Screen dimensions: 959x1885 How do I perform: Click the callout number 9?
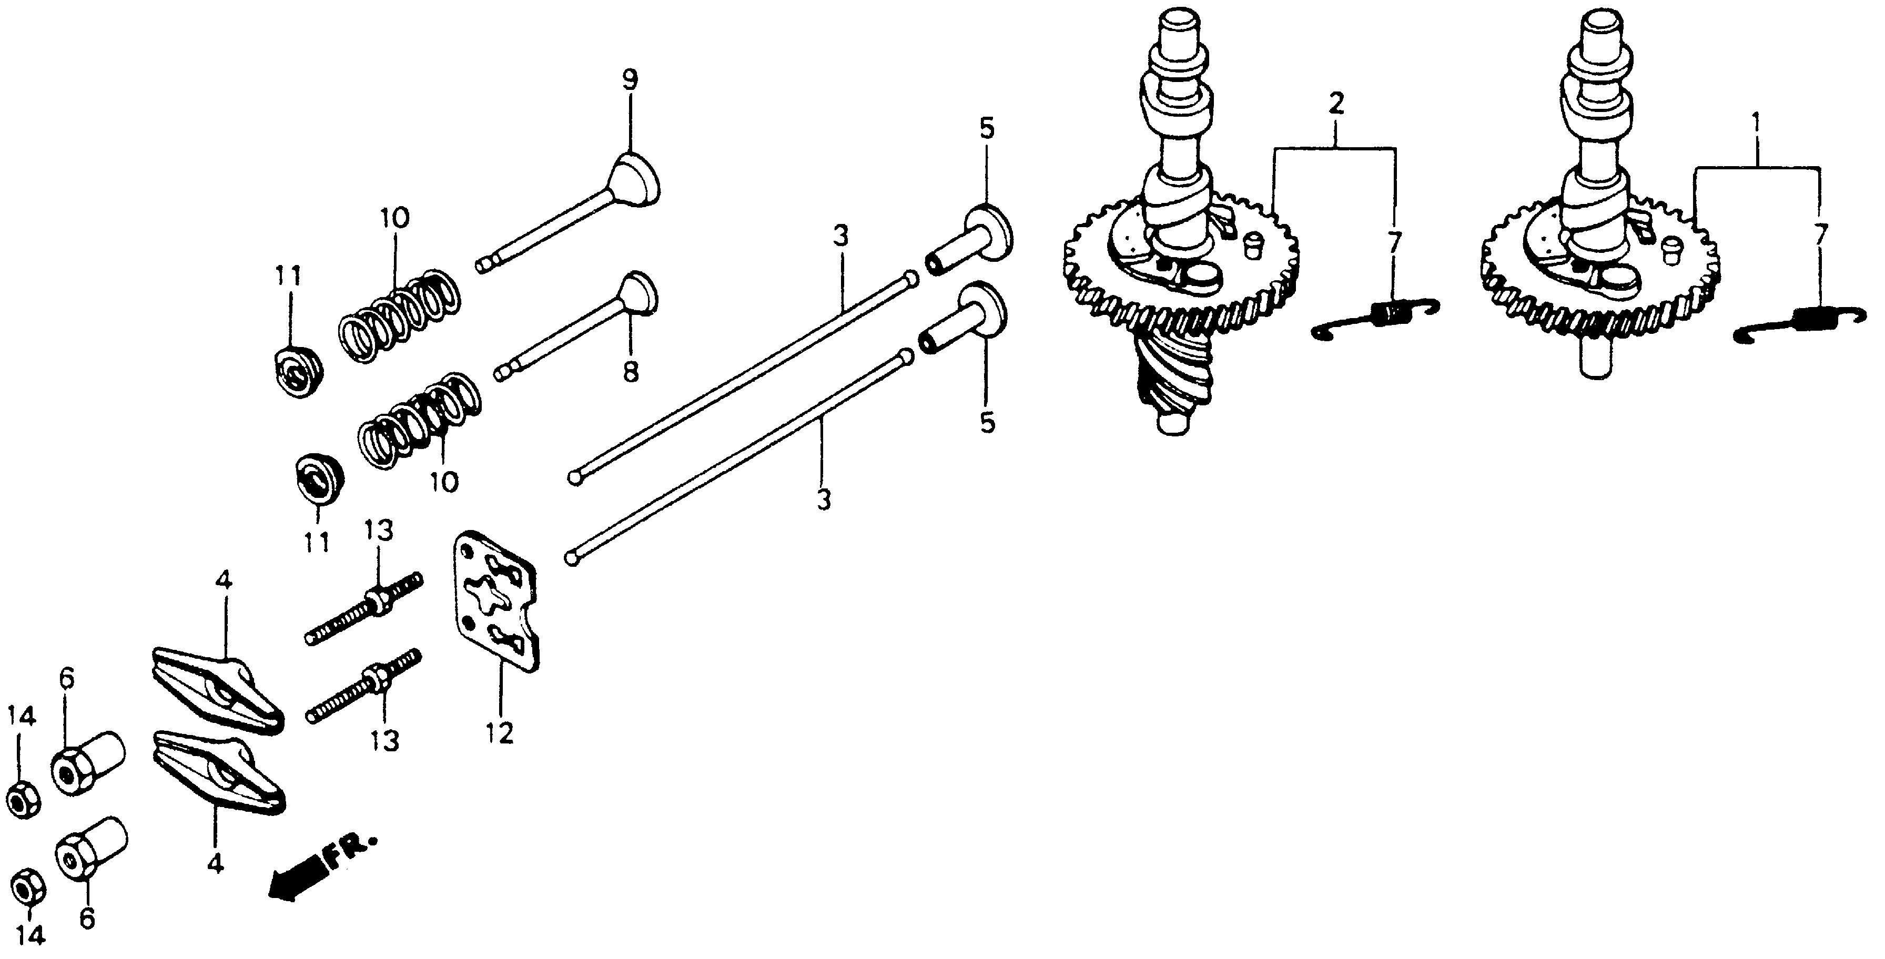pos(630,80)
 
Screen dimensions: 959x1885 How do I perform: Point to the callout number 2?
pos(1335,104)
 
